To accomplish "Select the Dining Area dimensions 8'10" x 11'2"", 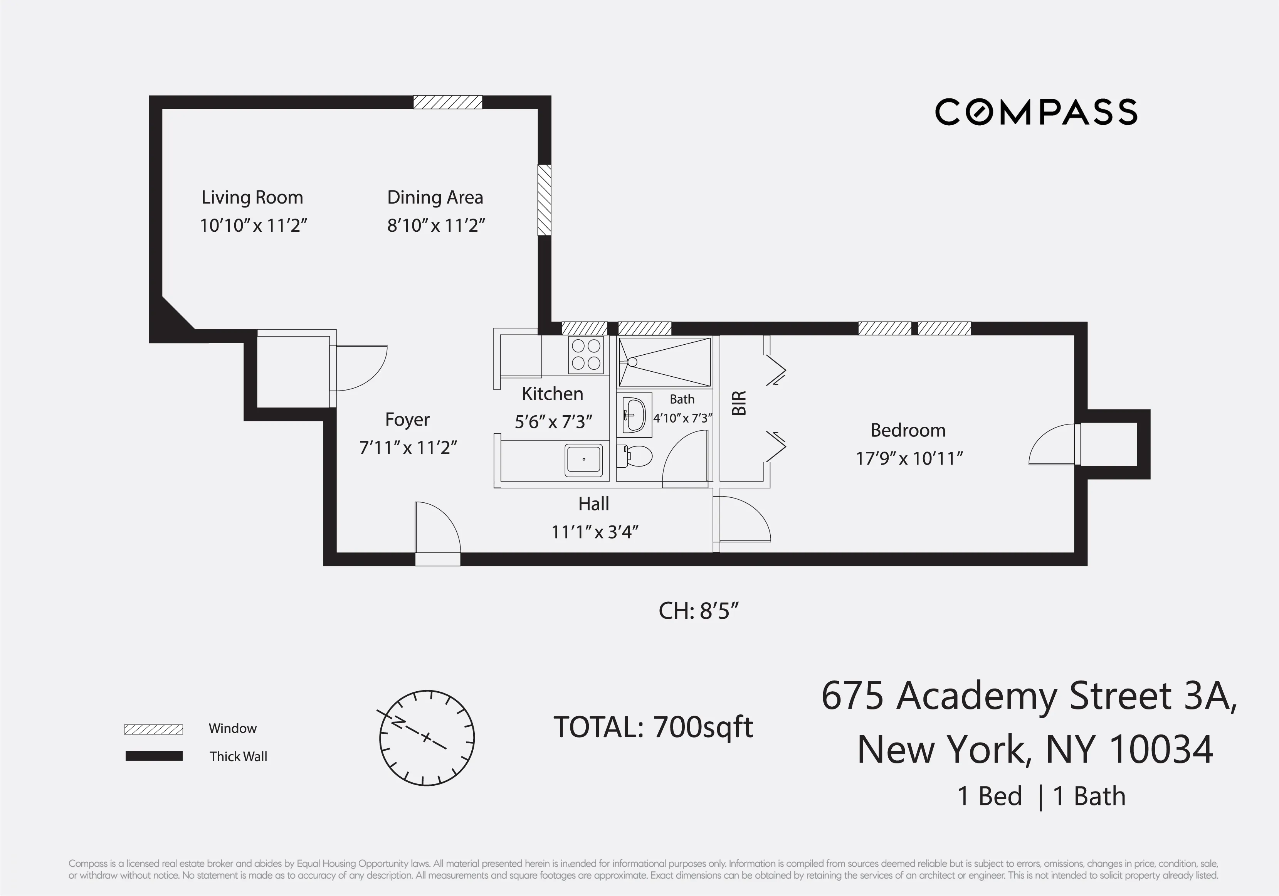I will (x=435, y=226).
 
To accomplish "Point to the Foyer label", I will (x=407, y=419).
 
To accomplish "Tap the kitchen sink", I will (x=583, y=460).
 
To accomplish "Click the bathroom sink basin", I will (x=634, y=415).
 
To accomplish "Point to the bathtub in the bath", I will (x=665, y=362).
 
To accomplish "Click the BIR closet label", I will (x=739, y=403).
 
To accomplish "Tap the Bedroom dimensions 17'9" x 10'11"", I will (x=909, y=458).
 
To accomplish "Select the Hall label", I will (x=593, y=504).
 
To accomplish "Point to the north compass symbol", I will (x=427, y=738).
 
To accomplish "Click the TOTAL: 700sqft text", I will (x=653, y=727).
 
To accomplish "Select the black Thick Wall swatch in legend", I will (x=154, y=756).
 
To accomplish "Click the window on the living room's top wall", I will (x=447, y=102).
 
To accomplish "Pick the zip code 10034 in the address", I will (x=1161, y=749).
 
